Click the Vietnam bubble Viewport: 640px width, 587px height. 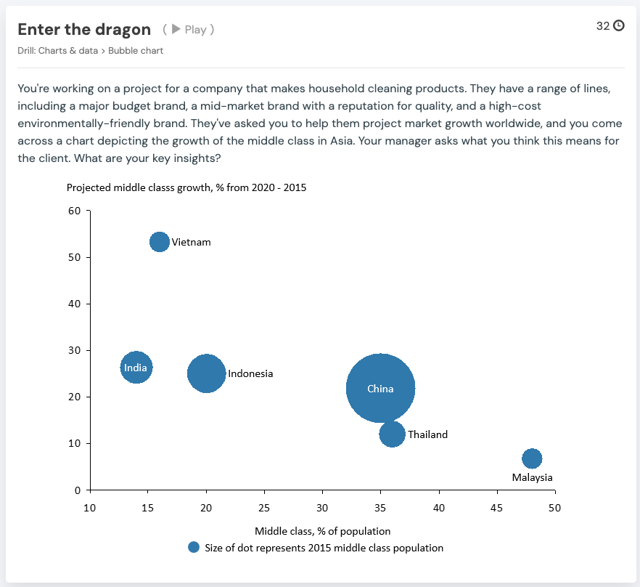click(160, 242)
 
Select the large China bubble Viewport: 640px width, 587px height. click(380, 389)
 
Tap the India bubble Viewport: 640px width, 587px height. click(136, 368)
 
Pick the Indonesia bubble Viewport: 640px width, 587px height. click(206, 373)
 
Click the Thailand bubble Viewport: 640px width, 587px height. click(392, 434)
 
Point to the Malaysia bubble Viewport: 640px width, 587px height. click(532, 458)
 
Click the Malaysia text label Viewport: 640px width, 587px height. click(532, 477)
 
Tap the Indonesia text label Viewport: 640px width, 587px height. click(250, 373)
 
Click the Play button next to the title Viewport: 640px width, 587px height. click(189, 30)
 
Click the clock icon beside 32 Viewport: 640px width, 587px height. click(618, 25)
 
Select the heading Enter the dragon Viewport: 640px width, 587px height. click(84, 29)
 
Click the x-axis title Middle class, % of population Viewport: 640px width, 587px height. click(322, 531)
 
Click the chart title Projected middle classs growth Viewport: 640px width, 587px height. click(186, 187)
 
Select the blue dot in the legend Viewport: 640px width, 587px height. click(193, 548)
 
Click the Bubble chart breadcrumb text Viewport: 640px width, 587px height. click(136, 51)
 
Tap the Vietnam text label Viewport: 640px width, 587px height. click(191, 242)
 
